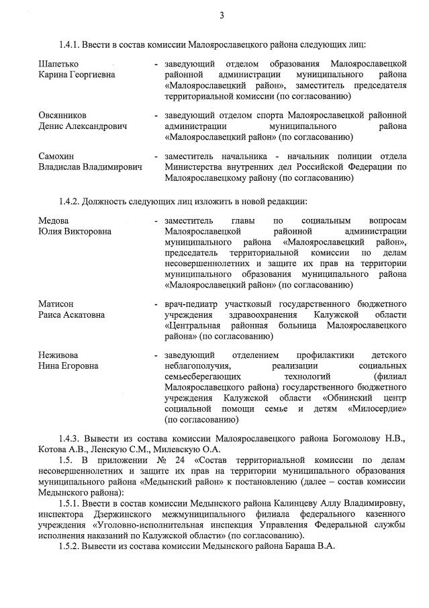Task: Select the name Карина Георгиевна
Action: pyautogui.click(x=77, y=75)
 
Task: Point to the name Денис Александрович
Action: pyautogui.click(x=83, y=126)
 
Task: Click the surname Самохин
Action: pyautogui.click(x=58, y=156)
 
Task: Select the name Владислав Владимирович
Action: pyautogui.click(x=90, y=167)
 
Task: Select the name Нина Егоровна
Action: pyautogui.click(x=68, y=366)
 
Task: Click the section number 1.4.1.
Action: pyautogui.click(x=70, y=44)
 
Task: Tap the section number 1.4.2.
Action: pyautogui.click(x=70, y=201)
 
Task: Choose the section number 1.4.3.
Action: pyautogui.click(x=70, y=439)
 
